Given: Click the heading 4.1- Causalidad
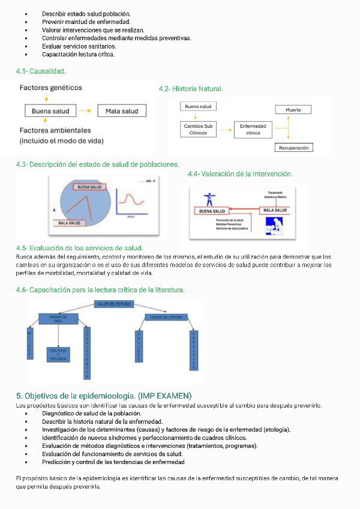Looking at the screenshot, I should tap(41, 72).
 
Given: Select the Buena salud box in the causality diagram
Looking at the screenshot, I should tap(50, 111).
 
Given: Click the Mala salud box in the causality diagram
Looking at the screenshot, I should tap(121, 111).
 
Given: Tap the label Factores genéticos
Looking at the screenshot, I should tap(51, 88).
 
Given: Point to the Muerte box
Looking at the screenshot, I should tap(293, 110).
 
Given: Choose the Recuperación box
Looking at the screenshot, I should tap(293, 148).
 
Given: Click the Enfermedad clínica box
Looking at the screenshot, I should tap(253, 130).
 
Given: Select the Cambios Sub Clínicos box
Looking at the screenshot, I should tap(198, 130).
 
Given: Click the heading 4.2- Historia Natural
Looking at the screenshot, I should tap(191, 89).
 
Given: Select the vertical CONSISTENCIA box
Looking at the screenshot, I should tap(87, 352).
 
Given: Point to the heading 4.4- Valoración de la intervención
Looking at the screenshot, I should tap(240, 174).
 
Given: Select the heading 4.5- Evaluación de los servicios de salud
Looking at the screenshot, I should tap(79, 248).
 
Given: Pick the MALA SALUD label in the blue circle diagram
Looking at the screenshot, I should tap(67, 223).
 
